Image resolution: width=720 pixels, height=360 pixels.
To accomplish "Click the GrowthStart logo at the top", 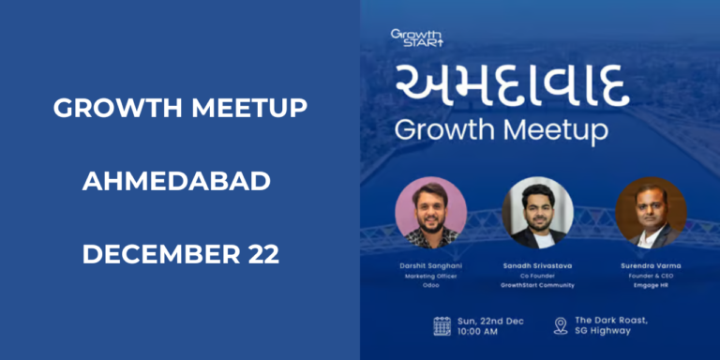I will click(417, 37).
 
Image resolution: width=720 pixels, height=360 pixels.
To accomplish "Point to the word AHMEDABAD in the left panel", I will click(179, 181).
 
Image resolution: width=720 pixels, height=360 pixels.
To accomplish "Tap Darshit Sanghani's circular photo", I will click(430, 213).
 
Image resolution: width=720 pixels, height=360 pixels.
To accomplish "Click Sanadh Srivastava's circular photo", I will click(537, 213).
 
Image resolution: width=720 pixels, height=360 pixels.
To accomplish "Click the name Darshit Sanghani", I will click(431, 266).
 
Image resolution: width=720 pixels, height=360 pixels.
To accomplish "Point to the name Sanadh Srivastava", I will click(537, 266).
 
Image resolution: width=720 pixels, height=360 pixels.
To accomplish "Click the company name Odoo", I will click(431, 286).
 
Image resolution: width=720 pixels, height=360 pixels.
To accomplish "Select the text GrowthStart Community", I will click(537, 286).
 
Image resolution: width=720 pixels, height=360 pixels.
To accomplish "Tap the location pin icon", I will click(561, 325).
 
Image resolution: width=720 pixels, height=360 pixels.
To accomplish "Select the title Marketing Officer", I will click(431, 277).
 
